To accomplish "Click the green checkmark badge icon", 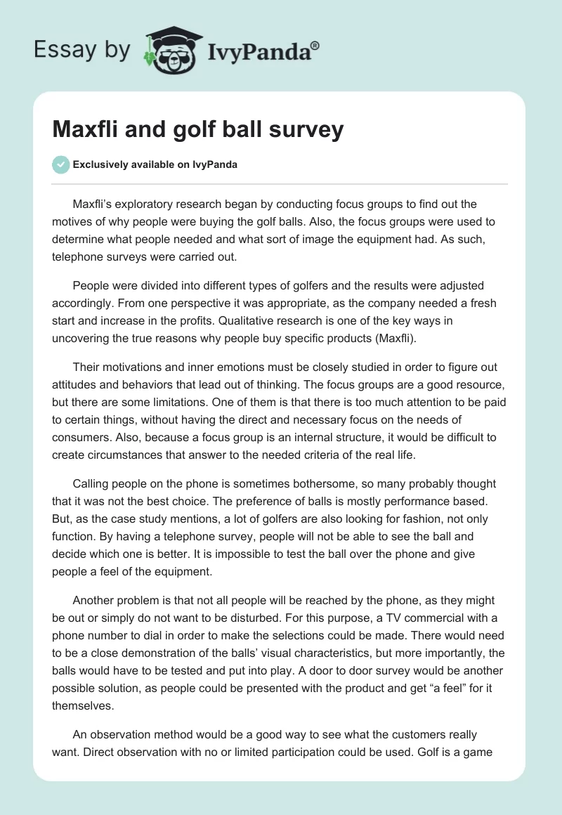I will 61,164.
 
